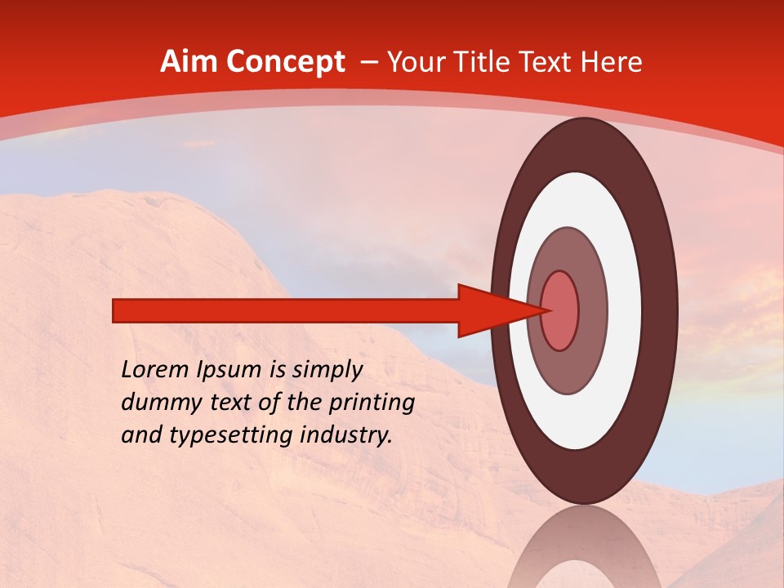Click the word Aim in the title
(189, 62)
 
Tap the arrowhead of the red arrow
(490, 310)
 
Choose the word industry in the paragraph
(346, 435)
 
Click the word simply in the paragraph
(326, 371)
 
